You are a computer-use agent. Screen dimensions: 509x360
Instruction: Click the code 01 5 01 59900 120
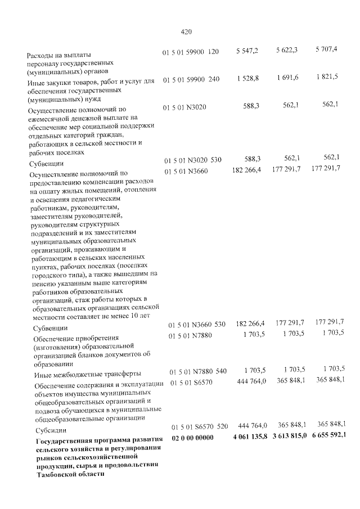[x=190, y=52]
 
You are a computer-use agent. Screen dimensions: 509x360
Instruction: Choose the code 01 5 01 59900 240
[x=191, y=80]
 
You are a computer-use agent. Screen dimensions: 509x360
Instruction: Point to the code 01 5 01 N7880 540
[x=198, y=372]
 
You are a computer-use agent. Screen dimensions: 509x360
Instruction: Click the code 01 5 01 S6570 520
[x=199, y=426]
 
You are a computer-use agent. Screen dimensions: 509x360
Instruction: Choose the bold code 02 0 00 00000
[x=193, y=437]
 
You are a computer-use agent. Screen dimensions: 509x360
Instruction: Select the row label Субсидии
[x=49, y=428]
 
